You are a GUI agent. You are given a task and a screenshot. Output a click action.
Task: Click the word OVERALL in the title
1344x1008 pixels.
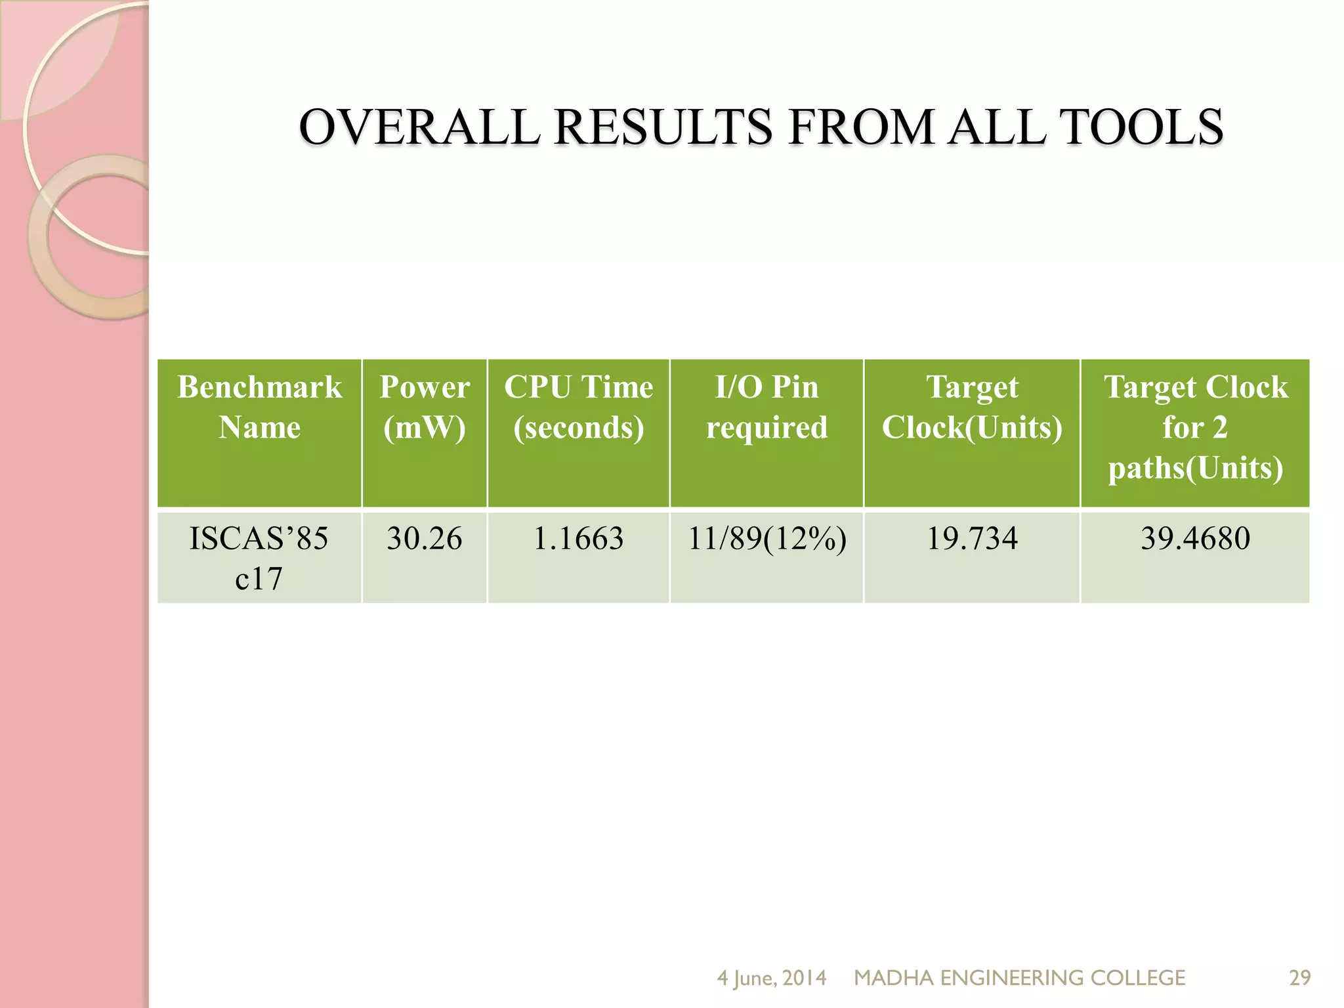tap(419, 127)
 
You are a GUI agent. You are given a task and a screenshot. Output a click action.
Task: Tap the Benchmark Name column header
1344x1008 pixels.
tap(259, 407)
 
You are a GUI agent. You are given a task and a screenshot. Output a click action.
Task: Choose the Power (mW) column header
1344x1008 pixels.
tap(425, 407)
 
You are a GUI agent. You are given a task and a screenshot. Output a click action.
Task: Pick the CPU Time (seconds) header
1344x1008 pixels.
tap(578, 407)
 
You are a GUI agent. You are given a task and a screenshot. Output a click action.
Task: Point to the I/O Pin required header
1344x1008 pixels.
tap(766, 407)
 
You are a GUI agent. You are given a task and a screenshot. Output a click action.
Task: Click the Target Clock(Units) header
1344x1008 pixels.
tap(972, 407)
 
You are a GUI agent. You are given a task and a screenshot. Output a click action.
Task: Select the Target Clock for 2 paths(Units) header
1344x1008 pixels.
tap(1195, 427)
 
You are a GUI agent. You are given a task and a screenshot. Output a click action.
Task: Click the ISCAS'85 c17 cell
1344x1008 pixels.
tap(259, 558)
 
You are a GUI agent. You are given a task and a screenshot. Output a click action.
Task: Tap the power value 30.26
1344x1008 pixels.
tap(425, 538)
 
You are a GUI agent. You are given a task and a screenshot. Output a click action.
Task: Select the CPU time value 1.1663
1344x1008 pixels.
tap(578, 538)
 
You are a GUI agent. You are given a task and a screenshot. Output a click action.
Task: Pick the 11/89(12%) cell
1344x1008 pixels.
tap(766, 538)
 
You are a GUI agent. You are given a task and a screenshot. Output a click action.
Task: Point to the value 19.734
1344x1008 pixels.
tap(972, 538)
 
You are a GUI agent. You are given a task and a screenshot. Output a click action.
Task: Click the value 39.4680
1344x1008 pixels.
tap(1195, 538)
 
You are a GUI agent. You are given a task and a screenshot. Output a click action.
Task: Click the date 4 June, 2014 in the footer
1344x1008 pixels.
tap(771, 978)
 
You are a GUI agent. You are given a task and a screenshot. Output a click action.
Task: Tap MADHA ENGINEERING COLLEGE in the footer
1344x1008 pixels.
tap(1019, 978)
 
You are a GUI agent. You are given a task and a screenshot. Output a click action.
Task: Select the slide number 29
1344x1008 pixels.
tap(1299, 978)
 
